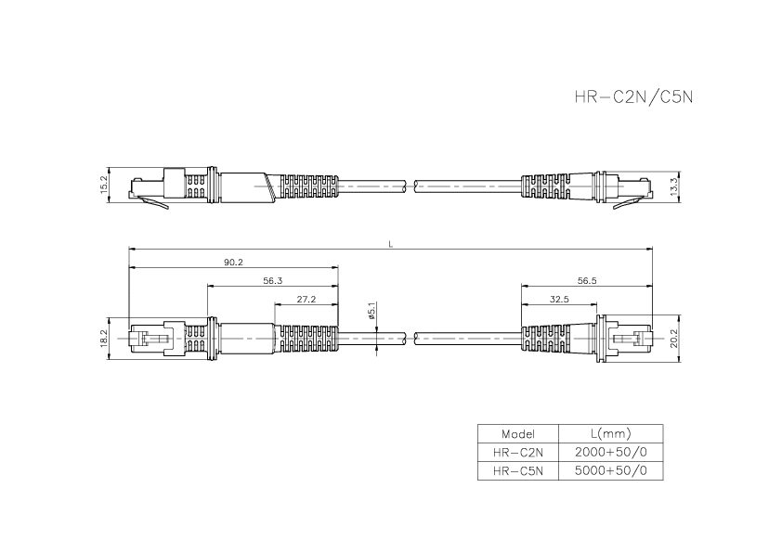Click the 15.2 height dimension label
tap(104, 185)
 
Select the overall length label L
tap(391, 244)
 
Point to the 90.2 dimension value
tap(233, 263)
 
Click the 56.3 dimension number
tap(273, 280)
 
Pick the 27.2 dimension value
tap(306, 299)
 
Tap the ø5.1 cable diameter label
tap(371, 311)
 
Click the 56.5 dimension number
tap(587, 280)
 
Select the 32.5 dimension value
tap(559, 299)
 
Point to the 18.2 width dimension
tap(104, 338)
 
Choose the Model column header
tap(517, 434)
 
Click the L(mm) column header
tap(610, 434)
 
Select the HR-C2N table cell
tap(517, 453)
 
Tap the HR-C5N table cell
tap(517, 471)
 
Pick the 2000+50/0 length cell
tap(610, 453)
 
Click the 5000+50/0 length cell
tap(610, 471)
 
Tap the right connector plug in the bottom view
tap(630, 339)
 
